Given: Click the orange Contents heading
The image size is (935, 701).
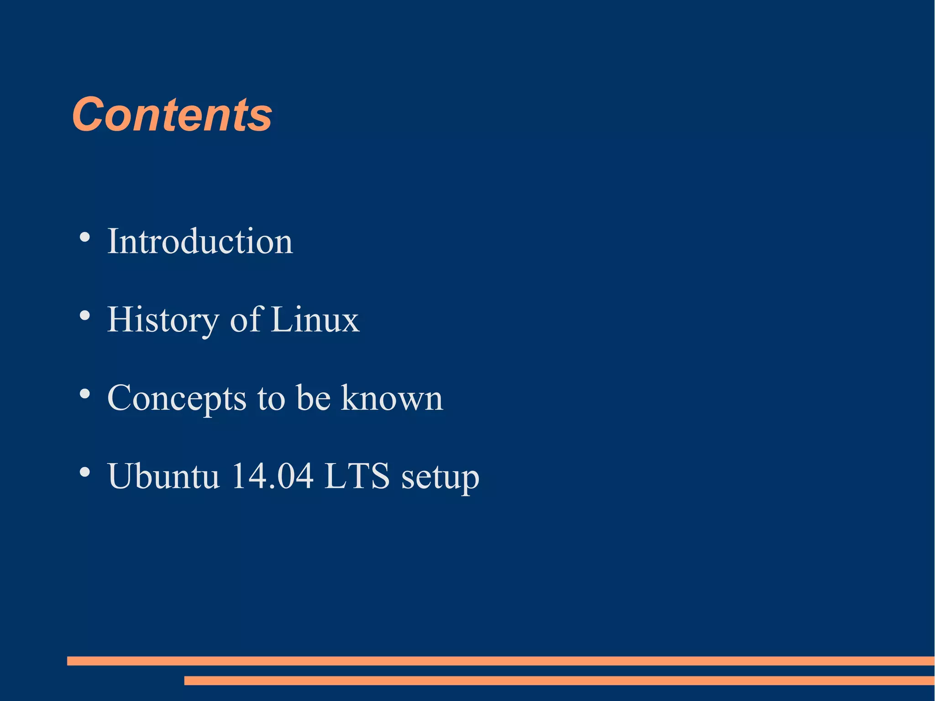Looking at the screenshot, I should point(172,115).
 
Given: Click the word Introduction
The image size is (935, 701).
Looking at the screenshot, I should point(200,241).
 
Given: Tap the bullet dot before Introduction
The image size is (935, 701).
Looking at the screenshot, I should point(84,237).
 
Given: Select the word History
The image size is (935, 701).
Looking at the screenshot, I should point(163,320).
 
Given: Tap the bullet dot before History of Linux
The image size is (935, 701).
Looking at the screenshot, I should point(84,316).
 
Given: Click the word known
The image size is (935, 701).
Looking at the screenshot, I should point(392,398).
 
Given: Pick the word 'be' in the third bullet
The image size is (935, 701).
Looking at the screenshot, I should point(313,398).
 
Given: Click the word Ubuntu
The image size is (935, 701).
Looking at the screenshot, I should point(163,476).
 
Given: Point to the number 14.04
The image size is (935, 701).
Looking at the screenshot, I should point(272,476).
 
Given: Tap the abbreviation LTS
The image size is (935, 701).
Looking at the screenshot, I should point(357,476).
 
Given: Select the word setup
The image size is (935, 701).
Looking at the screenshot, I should point(440,477).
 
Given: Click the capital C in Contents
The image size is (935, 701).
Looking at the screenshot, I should point(89,115).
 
